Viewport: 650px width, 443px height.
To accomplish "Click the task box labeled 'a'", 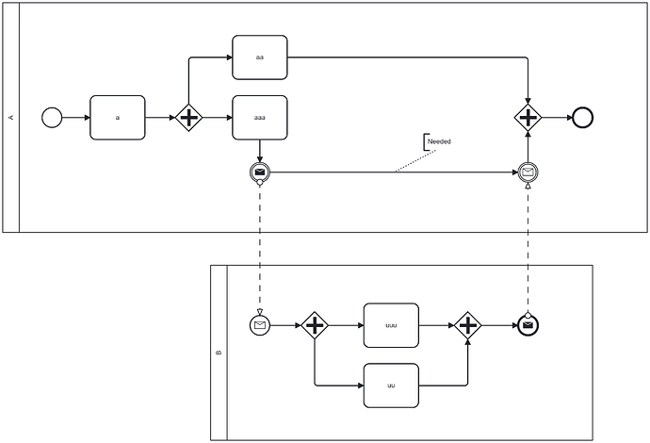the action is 118,118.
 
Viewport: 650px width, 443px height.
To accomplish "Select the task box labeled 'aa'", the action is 260,57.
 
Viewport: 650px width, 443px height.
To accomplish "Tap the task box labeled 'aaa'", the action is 260,118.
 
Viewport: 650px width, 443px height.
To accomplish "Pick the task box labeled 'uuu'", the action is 391,325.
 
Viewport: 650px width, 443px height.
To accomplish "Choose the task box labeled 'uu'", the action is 391,386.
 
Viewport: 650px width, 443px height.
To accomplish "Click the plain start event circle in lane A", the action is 52,118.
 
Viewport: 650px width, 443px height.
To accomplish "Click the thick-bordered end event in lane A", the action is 582,118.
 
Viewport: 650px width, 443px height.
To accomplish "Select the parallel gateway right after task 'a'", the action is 189,118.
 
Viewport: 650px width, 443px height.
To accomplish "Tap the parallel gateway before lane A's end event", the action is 528,118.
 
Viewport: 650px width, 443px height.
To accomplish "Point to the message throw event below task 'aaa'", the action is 260,172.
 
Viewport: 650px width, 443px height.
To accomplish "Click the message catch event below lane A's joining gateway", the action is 528,172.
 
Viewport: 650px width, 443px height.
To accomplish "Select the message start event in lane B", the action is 260,325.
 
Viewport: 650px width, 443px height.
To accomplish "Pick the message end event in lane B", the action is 528,325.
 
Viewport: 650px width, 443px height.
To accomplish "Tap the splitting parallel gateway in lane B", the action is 315,325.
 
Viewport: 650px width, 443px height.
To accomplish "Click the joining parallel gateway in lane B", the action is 468,325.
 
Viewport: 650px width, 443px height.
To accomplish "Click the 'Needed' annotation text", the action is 439,141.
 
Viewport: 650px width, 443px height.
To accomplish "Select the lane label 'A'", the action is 11,118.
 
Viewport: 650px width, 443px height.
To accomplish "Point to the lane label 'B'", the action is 219,353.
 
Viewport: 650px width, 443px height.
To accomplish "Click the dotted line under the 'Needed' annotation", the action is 415,161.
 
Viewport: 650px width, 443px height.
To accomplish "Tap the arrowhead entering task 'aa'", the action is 229,57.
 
